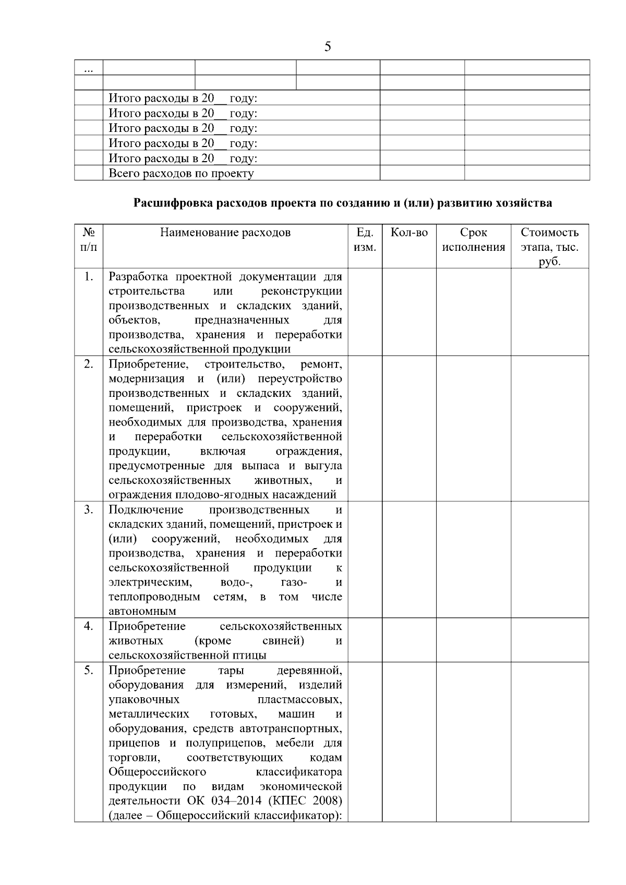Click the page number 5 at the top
point(327,47)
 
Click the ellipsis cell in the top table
point(89,68)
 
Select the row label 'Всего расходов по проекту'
point(181,174)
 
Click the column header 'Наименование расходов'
point(225,233)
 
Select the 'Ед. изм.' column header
point(365,240)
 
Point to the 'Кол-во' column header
point(409,233)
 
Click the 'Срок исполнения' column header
point(473,240)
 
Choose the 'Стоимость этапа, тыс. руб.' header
point(549,247)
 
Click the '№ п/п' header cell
point(89,240)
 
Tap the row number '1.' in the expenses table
point(89,276)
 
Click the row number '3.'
point(89,510)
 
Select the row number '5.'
point(89,670)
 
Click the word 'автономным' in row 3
point(142,611)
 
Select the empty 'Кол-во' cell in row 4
point(409,640)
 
